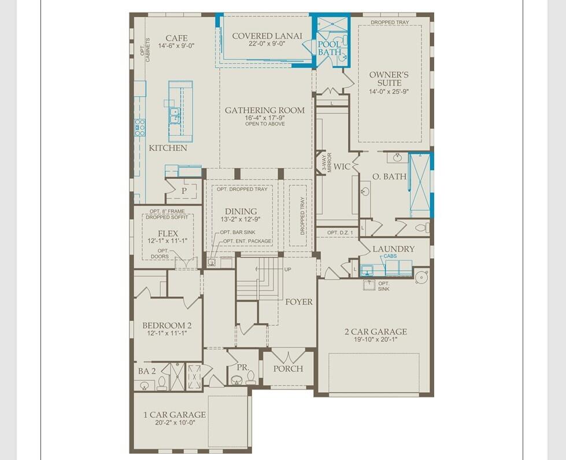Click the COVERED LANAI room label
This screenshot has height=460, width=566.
[267, 36]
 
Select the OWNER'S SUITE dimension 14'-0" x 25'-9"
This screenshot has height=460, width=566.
[389, 91]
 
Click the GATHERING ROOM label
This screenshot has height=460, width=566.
[265, 110]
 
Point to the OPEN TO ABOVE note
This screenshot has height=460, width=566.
[265, 124]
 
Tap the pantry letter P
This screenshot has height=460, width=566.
[184, 190]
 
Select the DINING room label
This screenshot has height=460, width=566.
[241, 212]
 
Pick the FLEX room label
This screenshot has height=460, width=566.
[169, 233]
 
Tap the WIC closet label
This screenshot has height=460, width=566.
[342, 167]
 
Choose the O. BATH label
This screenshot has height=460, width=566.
[389, 176]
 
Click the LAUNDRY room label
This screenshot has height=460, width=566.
[393, 249]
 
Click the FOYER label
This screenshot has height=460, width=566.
[298, 301]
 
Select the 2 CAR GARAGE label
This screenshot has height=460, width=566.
[376, 332]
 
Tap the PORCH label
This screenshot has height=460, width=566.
[288, 369]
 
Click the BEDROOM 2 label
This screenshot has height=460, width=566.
[167, 325]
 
